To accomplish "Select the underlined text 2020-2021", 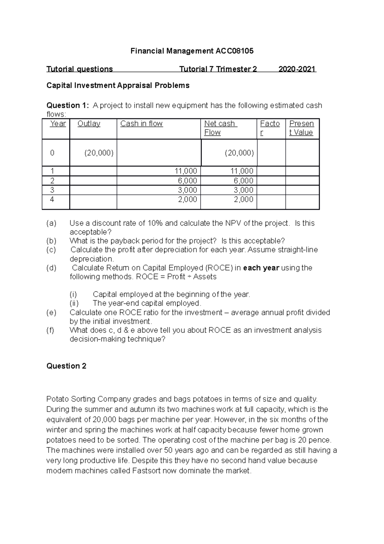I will coord(297,69).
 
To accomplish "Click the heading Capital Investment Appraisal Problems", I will coord(118,86).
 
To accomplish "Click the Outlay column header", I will coord(89,124).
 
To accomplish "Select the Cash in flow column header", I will coord(141,124).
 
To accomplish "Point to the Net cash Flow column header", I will coord(220,128).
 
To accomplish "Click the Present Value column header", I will coord(301,128).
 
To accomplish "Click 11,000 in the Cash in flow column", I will coord(186,171).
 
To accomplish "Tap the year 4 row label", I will coord(52,199).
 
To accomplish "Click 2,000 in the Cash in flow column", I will coord(187,199).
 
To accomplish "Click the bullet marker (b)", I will coord(51,241).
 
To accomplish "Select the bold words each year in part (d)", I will coord(261,268).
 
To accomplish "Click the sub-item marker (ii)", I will coord(74,303).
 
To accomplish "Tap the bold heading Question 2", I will coord(66,366).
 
